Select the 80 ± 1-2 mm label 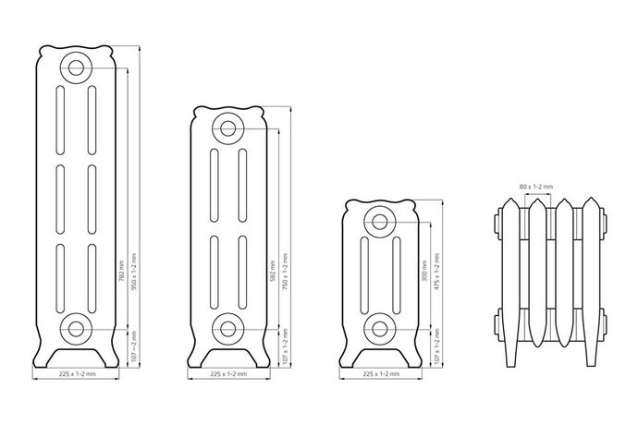(x=537, y=187)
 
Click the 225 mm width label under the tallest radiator (x=78, y=375)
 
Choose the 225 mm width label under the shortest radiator (x=383, y=375)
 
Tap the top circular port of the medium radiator (x=228, y=128)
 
